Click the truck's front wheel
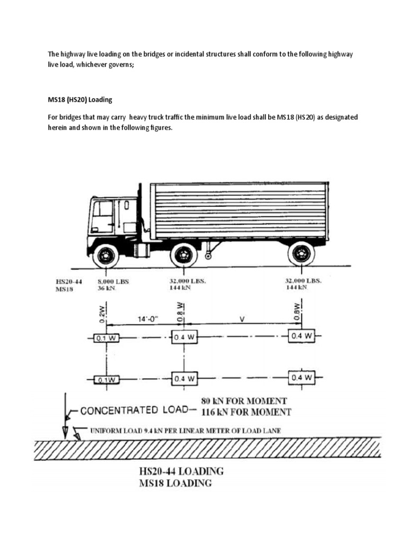105,256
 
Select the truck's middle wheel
183,255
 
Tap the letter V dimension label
242,319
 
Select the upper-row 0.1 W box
106,338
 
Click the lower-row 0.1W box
106,379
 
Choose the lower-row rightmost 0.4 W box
302,378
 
